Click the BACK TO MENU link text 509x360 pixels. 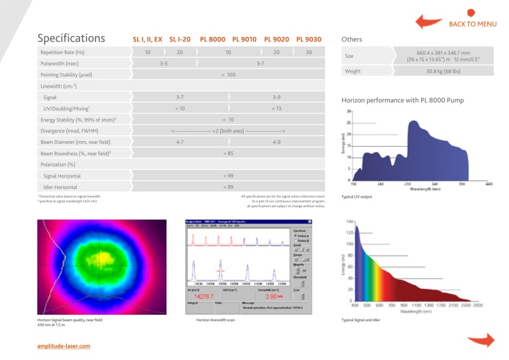click(473, 24)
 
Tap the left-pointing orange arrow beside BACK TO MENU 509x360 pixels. click(429, 23)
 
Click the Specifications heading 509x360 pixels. click(71, 39)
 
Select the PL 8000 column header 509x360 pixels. click(213, 39)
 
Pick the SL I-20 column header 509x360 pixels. click(180, 39)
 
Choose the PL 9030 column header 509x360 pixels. click(309, 39)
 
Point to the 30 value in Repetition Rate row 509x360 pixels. click(309, 52)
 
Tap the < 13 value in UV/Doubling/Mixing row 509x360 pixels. click(277, 109)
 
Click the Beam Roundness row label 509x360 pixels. click(76, 153)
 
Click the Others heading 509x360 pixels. click(352, 39)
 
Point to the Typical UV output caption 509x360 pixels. click(357, 197)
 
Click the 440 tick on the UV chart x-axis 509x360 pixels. click(489, 183)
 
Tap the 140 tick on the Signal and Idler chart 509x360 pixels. click(349, 221)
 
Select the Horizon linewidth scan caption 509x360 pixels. click(215, 320)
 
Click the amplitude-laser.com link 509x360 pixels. click(64, 346)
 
